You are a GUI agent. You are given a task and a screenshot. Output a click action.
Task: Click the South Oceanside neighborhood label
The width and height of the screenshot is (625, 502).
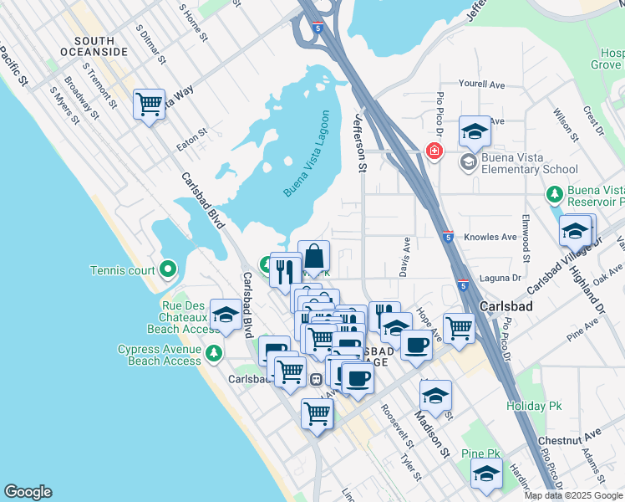[100, 46]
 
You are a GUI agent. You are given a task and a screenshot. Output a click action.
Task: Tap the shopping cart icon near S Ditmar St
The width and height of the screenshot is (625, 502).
[149, 105]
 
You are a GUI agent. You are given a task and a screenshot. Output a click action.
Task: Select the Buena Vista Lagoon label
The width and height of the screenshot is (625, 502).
[307, 154]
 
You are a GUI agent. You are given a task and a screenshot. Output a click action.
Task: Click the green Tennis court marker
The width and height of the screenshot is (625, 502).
[168, 269]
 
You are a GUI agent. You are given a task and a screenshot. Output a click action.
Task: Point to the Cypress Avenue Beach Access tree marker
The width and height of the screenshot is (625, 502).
[215, 352]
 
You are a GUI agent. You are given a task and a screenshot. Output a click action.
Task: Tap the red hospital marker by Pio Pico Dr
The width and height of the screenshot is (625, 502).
[433, 151]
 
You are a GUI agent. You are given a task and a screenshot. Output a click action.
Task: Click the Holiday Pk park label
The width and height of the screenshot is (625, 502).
[534, 406]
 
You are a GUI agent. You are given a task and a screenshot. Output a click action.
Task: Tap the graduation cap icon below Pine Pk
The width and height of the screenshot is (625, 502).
[486, 474]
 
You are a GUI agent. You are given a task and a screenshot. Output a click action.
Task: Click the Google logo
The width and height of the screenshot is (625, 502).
[28, 492]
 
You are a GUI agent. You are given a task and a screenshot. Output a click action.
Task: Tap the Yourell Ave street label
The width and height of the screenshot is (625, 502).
[482, 85]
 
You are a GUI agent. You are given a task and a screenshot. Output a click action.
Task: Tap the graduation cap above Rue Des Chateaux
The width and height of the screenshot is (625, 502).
[225, 315]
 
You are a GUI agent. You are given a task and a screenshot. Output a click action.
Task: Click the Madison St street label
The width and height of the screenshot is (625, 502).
[434, 437]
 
